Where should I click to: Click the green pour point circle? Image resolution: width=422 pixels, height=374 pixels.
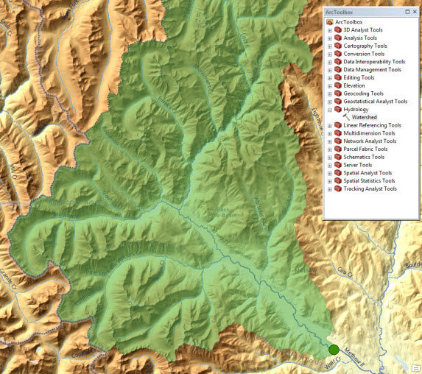pyautogui.click(x=334, y=349)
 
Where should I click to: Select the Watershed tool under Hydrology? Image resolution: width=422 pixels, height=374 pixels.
pyautogui.click(x=364, y=117)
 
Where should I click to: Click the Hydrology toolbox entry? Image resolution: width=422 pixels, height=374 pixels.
pyautogui.click(x=356, y=109)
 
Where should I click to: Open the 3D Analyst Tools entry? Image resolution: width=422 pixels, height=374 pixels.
pyautogui.click(x=368, y=29)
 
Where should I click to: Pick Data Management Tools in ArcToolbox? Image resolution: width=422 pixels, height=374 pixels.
pyautogui.click(x=373, y=69)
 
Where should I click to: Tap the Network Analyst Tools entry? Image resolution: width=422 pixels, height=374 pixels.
pyautogui.click(x=370, y=141)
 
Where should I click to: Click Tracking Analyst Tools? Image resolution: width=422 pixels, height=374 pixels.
pyautogui.click(x=370, y=188)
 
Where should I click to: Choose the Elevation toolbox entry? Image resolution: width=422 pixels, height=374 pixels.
pyautogui.click(x=354, y=85)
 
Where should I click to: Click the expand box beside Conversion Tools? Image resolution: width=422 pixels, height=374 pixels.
pyautogui.click(x=330, y=54)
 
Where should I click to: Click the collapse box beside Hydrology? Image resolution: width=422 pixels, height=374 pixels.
pyautogui.click(x=330, y=110)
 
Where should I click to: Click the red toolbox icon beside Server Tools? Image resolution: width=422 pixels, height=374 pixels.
pyautogui.click(x=338, y=165)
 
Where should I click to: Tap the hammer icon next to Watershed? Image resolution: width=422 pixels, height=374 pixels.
pyautogui.click(x=345, y=117)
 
